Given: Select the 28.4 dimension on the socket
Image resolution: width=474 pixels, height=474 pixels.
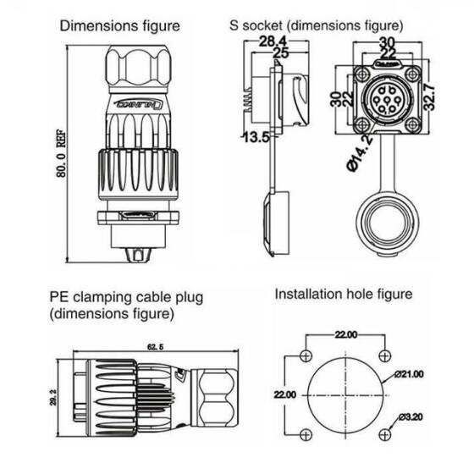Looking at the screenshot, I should (271, 41).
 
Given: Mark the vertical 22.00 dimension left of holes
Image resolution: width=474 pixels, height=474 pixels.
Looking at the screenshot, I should (285, 394).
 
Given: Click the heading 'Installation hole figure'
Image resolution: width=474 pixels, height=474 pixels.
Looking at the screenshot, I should (343, 295).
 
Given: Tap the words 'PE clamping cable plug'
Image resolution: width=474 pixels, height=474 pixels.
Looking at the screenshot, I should (126, 298).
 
